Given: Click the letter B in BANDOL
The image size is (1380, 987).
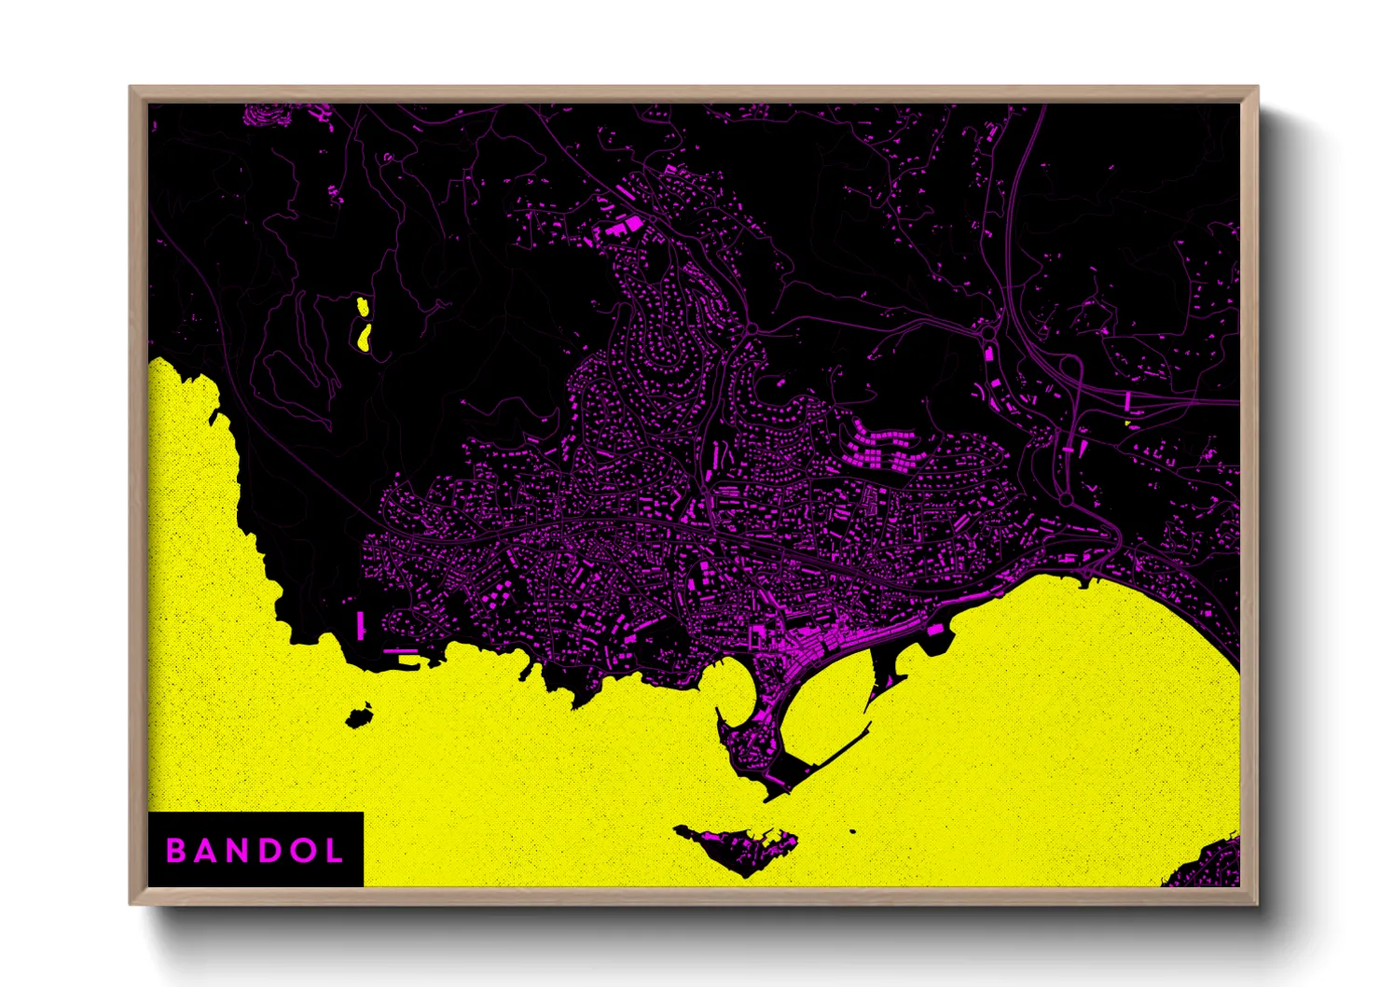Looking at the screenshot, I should click(175, 851).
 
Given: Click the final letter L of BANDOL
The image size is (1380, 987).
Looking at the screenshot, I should click(331, 851).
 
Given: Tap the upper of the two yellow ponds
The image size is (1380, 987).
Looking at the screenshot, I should click(361, 305).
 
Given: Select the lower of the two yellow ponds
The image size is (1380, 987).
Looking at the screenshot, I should click(365, 337).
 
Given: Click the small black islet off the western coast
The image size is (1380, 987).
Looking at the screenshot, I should click(356, 718).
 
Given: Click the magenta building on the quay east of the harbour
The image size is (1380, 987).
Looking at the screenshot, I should click(935, 632).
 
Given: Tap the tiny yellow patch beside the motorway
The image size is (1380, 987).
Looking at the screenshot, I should click(1128, 424).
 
